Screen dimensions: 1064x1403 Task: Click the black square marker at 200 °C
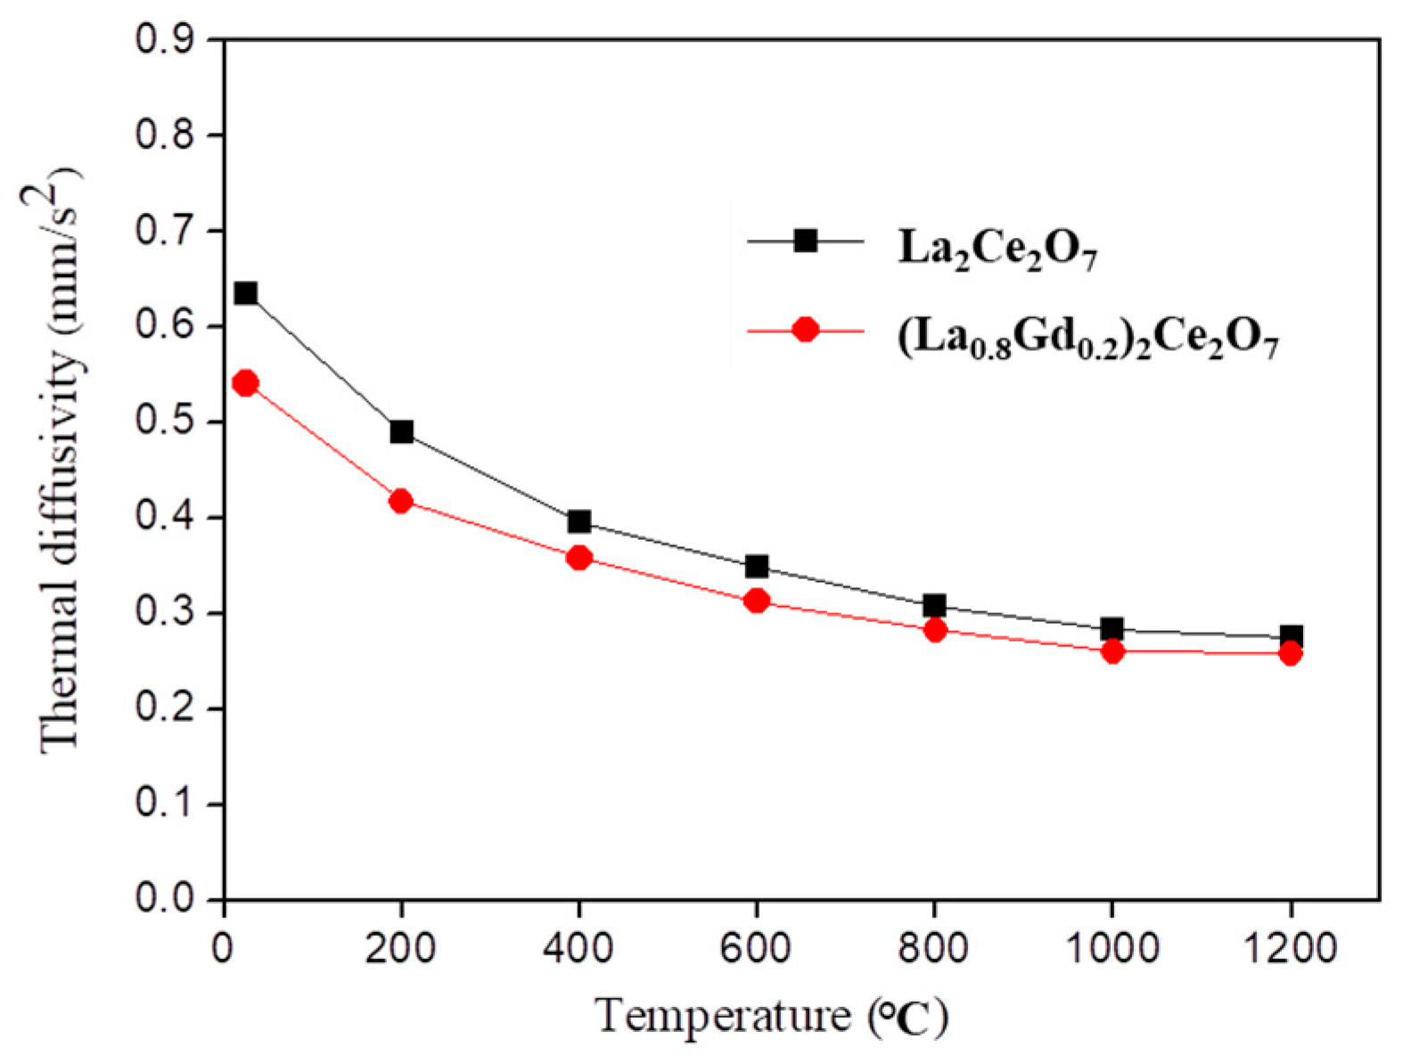coord(401,432)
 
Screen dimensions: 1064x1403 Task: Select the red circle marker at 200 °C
coord(401,501)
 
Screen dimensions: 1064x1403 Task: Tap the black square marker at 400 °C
coord(578,521)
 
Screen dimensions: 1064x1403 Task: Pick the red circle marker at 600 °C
coord(757,601)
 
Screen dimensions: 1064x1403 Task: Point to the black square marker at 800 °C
coord(934,606)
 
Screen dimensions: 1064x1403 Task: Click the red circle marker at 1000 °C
coord(1112,651)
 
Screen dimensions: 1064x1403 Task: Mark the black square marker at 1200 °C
coord(1291,637)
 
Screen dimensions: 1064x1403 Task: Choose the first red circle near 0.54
coord(245,383)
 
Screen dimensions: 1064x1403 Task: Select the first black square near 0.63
coord(245,293)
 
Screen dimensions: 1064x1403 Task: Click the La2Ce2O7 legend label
coord(997,250)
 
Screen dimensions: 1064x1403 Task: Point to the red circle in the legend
coord(806,330)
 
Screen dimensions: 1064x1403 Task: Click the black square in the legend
coord(806,241)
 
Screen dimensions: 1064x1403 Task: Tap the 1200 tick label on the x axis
coord(1291,948)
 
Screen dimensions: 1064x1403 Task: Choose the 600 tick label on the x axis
coord(757,948)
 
